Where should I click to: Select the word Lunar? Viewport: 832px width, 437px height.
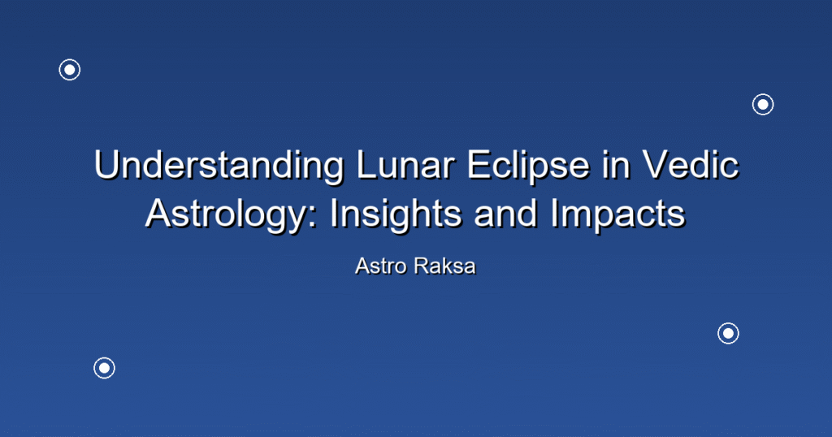coord(406,164)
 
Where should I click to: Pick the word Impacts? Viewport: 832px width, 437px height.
coord(617,215)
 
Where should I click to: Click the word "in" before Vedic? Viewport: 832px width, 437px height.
coord(616,164)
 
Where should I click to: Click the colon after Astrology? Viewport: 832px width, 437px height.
coord(313,218)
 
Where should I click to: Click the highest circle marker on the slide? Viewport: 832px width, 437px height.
coord(70,70)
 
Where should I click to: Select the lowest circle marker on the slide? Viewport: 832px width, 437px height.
coord(105,368)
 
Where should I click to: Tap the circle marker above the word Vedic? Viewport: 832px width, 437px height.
coord(763,105)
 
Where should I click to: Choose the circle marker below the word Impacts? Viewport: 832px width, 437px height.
coord(729,334)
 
